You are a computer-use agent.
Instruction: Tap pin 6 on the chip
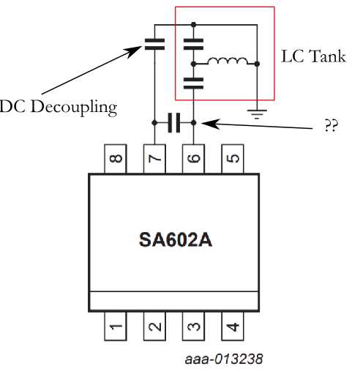point(193,158)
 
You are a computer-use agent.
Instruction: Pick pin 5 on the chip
point(232,158)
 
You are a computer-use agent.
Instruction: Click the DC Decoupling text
point(59,108)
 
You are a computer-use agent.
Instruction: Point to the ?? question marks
point(329,126)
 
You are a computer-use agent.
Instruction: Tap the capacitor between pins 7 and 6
point(174,123)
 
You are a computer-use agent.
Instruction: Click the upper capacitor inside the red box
point(193,42)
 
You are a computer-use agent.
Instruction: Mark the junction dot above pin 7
point(155,123)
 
